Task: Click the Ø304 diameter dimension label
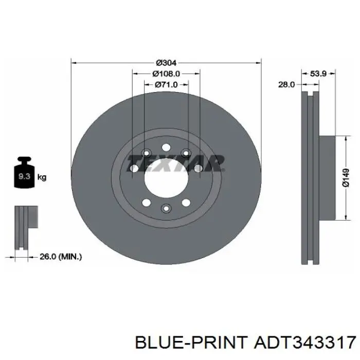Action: tap(166, 62)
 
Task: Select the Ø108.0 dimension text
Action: tap(166, 74)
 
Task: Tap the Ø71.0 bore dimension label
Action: tap(166, 85)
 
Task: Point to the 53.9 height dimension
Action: tap(318, 74)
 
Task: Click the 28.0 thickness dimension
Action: tap(286, 85)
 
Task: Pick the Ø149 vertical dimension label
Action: tap(346, 178)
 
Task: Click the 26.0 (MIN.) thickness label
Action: tap(61, 257)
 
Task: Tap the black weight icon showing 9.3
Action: tap(24, 172)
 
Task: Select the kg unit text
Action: tap(42, 177)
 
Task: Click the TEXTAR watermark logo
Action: tap(176, 163)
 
